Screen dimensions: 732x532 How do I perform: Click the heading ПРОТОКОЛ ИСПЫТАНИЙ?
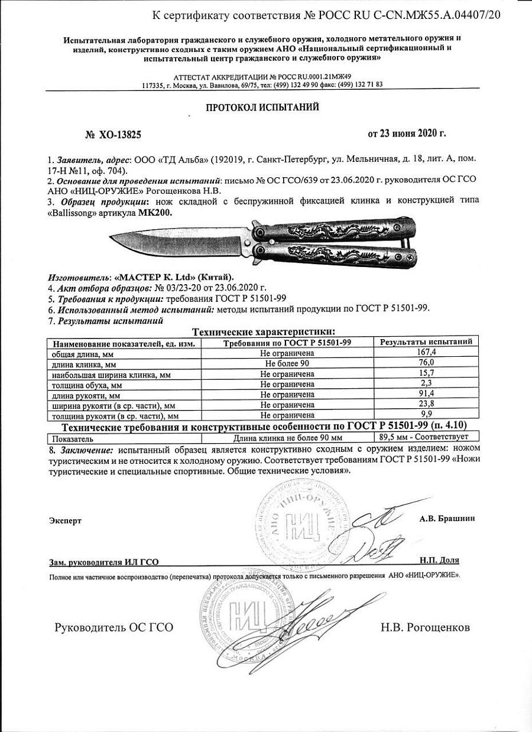point(262,108)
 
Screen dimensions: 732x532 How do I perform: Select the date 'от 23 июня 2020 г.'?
point(407,134)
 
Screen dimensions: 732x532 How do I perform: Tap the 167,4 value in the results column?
point(426,352)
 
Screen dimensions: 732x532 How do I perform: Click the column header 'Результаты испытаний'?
point(426,342)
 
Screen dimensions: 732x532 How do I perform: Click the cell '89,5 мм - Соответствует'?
point(422,437)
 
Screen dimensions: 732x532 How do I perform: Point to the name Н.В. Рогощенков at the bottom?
point(426,627)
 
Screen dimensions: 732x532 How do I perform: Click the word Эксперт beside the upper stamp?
point(66,520)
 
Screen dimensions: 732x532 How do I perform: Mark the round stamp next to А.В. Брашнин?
point(301,522)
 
